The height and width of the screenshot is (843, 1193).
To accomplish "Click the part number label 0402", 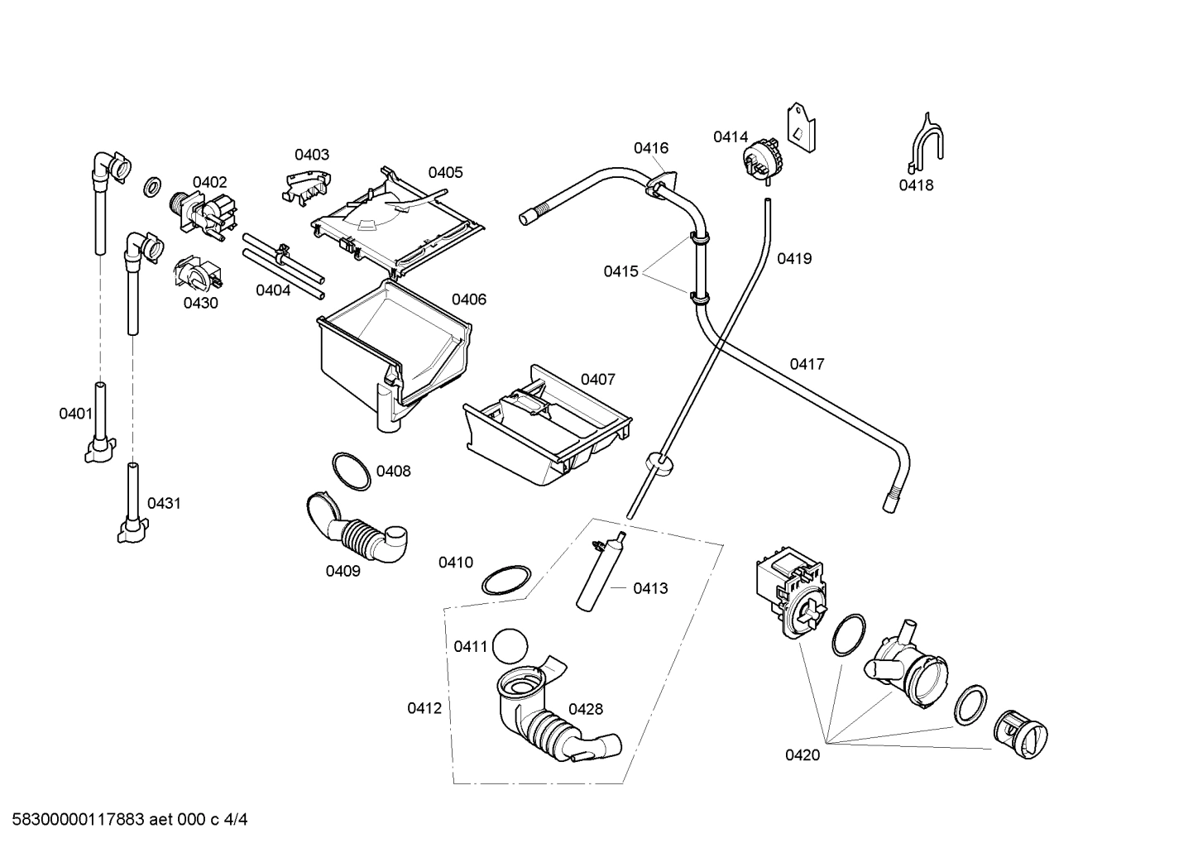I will (209, 182).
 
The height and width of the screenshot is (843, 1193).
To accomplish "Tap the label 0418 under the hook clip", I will (916, 185).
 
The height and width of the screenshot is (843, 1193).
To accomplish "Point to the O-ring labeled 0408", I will (351, 471).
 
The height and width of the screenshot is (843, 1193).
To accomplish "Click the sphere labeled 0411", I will (510, 644).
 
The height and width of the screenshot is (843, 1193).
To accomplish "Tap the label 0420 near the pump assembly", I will (803, 754).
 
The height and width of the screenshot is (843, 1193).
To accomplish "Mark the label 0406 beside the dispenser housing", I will (468, 299).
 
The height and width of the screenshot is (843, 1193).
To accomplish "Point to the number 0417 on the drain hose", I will (807, 364).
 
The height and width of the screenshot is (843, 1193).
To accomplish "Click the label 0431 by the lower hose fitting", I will (164, 503).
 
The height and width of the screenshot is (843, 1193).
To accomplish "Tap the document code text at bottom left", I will (125, 820).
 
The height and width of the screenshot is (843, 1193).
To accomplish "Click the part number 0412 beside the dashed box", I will (424, 708).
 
